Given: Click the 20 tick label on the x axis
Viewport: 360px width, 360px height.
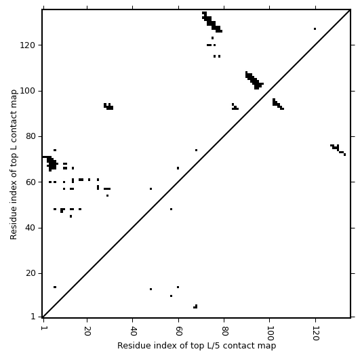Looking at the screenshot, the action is pyautogui.click(x=87, y=331).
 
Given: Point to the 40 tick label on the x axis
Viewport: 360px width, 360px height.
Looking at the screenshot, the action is pyautogui.click(x=133, y=331).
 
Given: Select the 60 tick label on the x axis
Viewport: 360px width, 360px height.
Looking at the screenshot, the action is pyautogui.click(x=178, y=331).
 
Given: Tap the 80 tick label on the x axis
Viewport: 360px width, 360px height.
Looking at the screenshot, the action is pyautogui.click(x=224, y=331).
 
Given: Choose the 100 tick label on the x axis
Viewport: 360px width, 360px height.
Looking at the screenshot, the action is pyautogui.click(x=270, y=334).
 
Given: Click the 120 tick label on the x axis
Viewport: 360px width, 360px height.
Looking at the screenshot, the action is pyautogui.click(x=315, y=334).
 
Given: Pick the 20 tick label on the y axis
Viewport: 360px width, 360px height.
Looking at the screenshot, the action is pyautogui.click(x=31, y=273).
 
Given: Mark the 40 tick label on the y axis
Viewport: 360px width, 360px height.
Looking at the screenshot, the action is pyautogui.click(x=31, y=228).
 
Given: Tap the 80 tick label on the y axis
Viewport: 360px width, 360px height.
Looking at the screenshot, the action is pyautogui.click(x=31, y=136).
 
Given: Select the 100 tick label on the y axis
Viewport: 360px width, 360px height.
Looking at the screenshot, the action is pyautogui.click(x=28, y=91).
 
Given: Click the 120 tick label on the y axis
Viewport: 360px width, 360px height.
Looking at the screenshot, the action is pyautogui.click(x=28, y=45).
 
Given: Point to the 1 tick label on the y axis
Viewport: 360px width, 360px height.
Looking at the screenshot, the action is pyautogui.click(x=33, y=317).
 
